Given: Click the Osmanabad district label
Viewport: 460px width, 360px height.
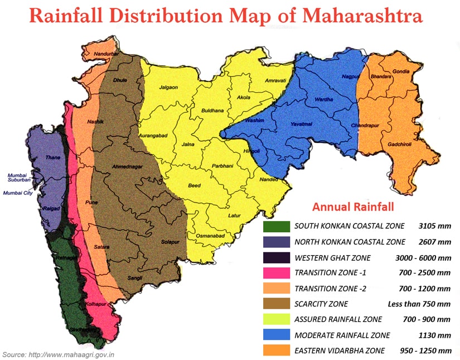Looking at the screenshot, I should (210, 237).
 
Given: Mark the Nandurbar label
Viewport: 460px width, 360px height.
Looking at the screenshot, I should (106, 54).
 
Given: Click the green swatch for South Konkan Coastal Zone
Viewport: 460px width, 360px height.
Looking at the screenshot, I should (276, 226).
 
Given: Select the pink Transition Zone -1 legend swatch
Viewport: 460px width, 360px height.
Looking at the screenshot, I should (276, 273).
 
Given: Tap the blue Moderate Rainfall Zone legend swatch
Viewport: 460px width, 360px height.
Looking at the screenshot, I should (276, 335).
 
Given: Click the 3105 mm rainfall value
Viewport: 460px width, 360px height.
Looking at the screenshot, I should (434, 226).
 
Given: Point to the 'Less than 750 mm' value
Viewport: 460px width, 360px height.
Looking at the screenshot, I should (419, 304).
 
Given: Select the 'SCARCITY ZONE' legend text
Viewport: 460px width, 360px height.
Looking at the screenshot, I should (321, 304).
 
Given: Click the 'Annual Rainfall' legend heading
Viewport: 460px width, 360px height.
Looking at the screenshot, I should (353, 207).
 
